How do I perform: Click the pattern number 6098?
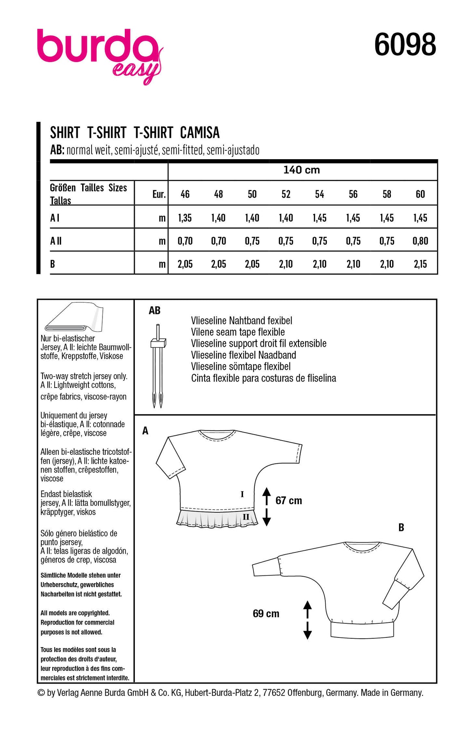click(405, 45)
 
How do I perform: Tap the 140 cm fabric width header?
click(301, 170)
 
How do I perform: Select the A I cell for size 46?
click(185, 218)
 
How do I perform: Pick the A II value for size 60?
click(420, 241)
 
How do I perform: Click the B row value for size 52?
click(286, 264)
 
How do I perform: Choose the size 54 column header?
click(319, 194)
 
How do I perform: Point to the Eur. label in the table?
click(159, 194)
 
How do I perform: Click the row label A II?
click(56, 241)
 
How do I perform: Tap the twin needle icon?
click(158, 365)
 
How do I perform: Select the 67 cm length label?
click(288, 501)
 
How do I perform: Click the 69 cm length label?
click(266, 614)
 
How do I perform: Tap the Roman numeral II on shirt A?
click(246, 516)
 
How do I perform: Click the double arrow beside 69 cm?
click(307, 620)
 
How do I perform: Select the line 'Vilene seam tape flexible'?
click(238, 332)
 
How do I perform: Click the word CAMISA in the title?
click(200, 133)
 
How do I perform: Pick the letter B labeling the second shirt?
click(401, 527)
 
